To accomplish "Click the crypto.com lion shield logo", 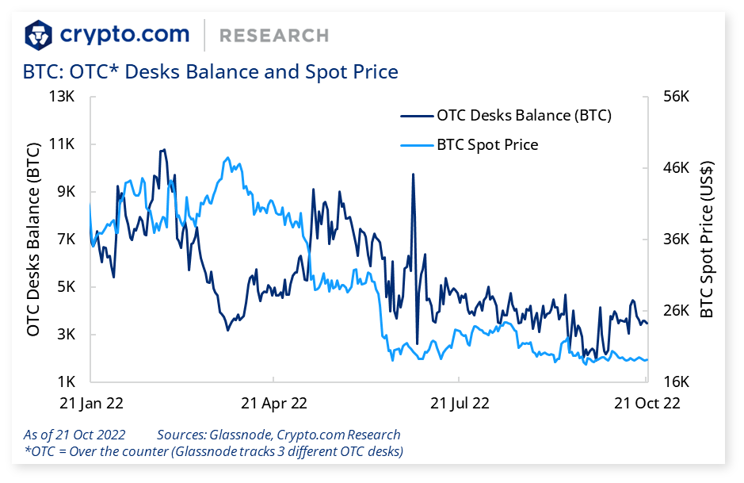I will (39, 34).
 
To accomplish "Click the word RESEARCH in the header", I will (273, 36).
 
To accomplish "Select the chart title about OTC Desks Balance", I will (211, 71).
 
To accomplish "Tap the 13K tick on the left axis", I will (62, 97).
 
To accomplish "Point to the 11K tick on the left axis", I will (62, 144).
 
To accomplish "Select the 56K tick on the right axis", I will (676, 97).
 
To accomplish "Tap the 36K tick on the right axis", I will (676, 240).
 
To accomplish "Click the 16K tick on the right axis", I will (676, 381).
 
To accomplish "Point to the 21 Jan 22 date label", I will (91, 403).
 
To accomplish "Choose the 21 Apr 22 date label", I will (273, 403).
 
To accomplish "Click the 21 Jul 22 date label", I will (460, 403).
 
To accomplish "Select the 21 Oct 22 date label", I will (647, 403).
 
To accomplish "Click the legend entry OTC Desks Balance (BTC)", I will (524, 115).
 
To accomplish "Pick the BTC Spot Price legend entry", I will (487, 144).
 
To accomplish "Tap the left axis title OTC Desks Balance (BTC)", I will (33, 240).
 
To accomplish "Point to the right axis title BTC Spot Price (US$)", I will (707, 240).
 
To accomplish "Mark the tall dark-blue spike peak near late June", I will (413, 174).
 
